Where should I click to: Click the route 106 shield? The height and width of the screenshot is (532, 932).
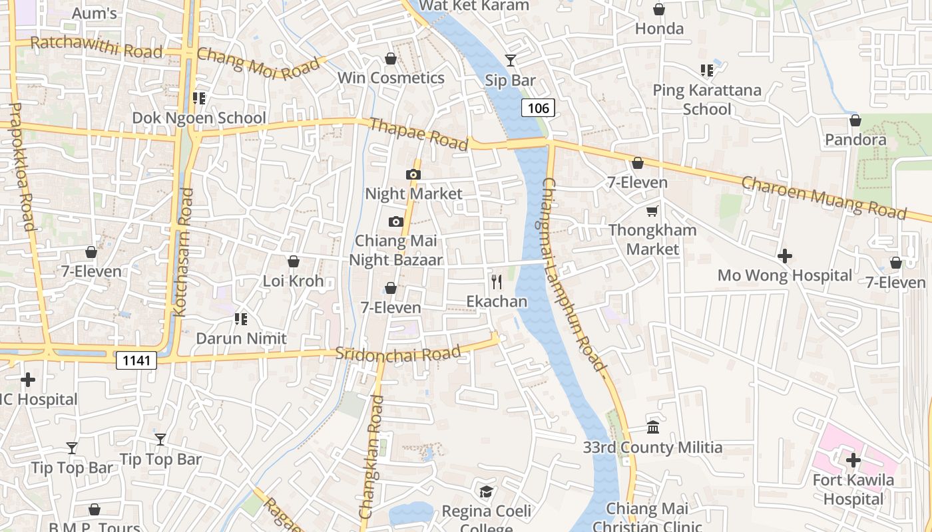click(x=538, y=108)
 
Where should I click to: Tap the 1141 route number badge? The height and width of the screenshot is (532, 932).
click(x=136, y=360)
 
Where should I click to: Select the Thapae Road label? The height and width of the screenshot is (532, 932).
click(x=418, y=134)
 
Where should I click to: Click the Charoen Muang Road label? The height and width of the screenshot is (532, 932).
click(x=824, y=197)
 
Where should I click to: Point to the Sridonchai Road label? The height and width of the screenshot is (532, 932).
click(x=397, y=353)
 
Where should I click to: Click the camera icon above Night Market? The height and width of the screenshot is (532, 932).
click(x=413, y=175)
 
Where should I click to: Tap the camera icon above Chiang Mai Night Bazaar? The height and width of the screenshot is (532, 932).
click(x=396, y=222)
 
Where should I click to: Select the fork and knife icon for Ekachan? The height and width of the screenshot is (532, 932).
click(x=497, y=282)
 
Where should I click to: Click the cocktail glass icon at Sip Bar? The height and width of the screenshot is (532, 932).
click(x=510, y=61)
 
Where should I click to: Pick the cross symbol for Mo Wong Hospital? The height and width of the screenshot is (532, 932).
click(x=785, y=256)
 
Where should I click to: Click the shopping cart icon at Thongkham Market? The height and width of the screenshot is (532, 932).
click(x=652, y=211)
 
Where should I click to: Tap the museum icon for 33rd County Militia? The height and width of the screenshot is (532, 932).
click(x=653, y=428)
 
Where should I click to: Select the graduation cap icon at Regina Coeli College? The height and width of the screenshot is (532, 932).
click(x=487, y=492)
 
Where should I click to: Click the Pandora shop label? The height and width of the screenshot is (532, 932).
click(x=855, y=140)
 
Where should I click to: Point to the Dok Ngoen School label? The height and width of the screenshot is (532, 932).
click(x=199, y=118)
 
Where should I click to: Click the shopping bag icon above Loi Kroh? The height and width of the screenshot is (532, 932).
click(x=293, y=262)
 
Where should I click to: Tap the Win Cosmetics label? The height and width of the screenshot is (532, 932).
click(x=391, y=78)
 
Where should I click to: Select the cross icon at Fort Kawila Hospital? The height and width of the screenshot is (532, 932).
click(x=853, y=460)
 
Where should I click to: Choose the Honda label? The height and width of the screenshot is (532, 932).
click(x=659, y=29)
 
